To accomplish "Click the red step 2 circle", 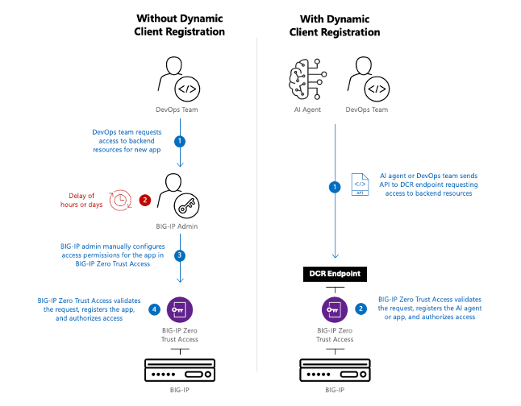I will pyautogui.click(x=146, y=199).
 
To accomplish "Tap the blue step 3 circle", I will pyautogui.click(x=180, y=255).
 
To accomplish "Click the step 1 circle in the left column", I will pyautogui.click(x=180, y=141).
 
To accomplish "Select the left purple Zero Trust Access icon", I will pyautogui.click(x=180, y=308).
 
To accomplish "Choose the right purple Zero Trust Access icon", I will pyautogui.click(x=334, y=308).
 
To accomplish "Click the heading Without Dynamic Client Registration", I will pyautogui.click(x=180, y=24).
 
